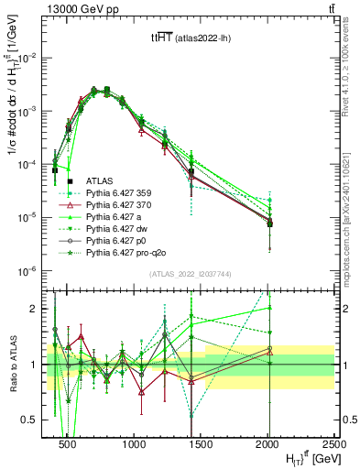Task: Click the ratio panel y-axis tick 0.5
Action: pos(34,420)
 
